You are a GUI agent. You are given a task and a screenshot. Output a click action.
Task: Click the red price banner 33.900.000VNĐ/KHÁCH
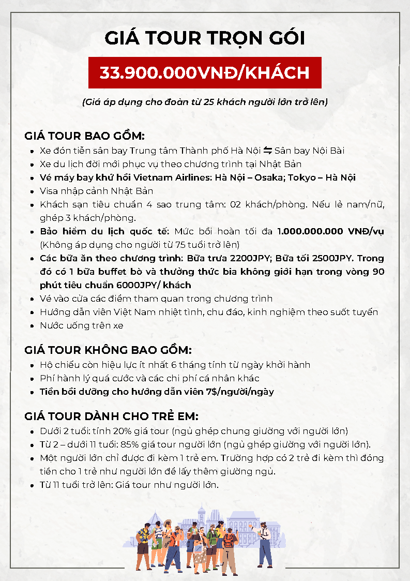pos(205,72)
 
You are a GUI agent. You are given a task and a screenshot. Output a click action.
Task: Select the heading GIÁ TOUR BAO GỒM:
pos(84,136)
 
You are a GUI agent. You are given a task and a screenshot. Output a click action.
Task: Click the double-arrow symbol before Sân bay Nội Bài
pos(268,151)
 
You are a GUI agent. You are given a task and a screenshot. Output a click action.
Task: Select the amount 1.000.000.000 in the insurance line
pos(306,231)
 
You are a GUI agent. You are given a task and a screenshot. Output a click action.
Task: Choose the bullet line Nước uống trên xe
pos(81,325)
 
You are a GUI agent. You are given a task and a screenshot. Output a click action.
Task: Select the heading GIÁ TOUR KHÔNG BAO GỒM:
pos(108,350)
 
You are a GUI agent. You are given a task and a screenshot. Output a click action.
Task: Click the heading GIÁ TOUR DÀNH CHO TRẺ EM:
pos(112,416)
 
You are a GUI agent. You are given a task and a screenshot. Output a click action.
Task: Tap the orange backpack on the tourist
pos(228,540)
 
